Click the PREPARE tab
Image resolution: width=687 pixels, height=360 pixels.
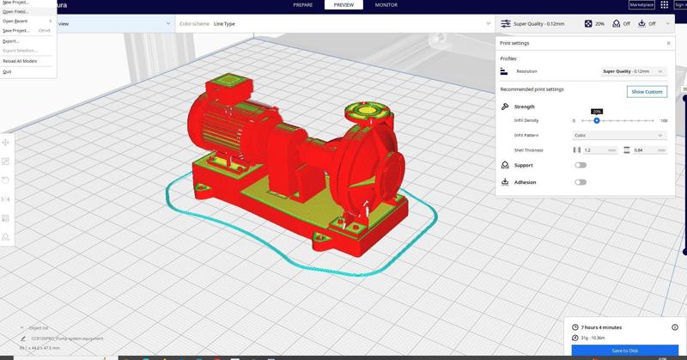(x=303, y=5)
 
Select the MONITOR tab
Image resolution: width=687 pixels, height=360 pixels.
(x=386, y=5)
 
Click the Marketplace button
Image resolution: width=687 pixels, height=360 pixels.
(x=641, y=5)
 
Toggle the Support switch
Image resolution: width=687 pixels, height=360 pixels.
(x=581, y=165)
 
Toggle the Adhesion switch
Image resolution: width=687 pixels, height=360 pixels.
(x=581, y=182)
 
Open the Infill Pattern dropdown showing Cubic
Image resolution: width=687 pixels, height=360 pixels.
(x=618, y=135)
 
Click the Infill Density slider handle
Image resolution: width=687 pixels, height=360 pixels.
(x=597, y=120)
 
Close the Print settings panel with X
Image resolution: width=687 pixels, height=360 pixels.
(x=669, y=43)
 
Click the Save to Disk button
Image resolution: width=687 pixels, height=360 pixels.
(x=624, y=351)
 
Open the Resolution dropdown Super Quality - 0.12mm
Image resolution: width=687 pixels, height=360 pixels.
(x=634, y=71)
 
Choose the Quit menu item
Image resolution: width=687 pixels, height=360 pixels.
(x=7, y=71)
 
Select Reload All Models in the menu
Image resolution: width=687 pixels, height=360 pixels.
(x=20, y=61)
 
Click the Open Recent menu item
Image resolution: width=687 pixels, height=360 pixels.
(x=15, y=21)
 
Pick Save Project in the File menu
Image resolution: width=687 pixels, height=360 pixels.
(x=16, y=30)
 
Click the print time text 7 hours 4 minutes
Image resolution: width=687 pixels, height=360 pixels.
(x=601, y=327)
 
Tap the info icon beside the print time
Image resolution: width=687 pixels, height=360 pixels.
(x=675, y=327)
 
